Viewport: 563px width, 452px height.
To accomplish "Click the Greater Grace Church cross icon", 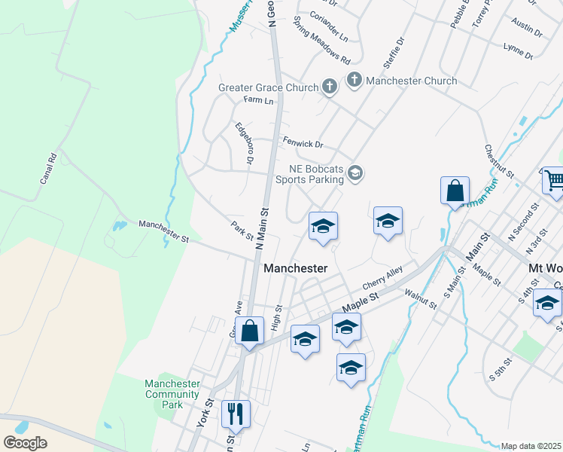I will coord(329,87).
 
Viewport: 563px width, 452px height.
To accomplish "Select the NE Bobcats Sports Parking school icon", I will coord(355,174).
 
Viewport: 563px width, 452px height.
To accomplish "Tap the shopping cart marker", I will coord(553,181).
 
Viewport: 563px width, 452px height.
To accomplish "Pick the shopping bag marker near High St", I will coord(250,330).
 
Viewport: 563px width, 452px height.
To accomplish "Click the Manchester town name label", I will coord(296,268).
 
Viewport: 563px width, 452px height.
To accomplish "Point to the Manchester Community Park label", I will coord(172,394).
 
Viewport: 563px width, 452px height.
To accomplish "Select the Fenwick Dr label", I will coord(303,142).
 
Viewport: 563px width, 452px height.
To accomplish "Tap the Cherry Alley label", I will coord(383,276).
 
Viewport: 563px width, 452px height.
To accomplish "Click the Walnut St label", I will coord(420,299).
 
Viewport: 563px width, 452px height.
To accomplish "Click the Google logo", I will coord(26,442).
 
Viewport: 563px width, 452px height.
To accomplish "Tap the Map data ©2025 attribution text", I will coord(531,446).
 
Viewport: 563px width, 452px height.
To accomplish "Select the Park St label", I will coord(242,231).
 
